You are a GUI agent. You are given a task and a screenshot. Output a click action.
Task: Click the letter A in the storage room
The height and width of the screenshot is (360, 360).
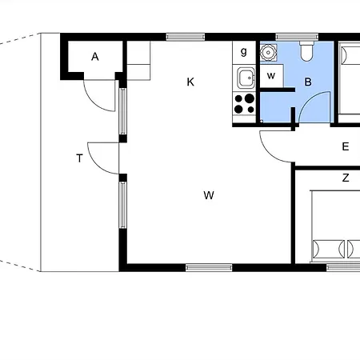[x=95, y=57]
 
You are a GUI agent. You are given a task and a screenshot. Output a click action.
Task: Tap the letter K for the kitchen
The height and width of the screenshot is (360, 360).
[x=190, y=82]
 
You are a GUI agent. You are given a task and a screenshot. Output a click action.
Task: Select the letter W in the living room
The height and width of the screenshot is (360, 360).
[x=209, y=195]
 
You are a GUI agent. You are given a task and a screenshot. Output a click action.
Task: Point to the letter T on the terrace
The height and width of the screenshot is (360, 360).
[x=79, y=158]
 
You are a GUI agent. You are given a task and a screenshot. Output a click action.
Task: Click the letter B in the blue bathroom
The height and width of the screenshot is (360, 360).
[x=308, y=82]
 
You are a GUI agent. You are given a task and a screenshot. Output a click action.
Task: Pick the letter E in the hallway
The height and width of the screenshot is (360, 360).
[x=346, y=146]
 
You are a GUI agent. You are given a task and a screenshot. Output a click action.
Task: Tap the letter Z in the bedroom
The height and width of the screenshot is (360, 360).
[x=346, y=178]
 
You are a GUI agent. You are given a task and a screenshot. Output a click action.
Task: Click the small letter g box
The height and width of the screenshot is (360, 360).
[x=244, y=53]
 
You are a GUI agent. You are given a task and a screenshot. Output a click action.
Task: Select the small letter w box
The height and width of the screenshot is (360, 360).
[x=271, y=76]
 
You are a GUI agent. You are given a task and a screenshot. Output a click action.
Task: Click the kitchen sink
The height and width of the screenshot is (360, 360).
[x=246, y=78]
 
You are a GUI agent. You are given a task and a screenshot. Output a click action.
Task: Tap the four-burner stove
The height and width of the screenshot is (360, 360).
[x=244, y=104]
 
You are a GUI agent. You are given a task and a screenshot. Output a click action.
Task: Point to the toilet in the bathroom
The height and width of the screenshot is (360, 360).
[x=306, y=51]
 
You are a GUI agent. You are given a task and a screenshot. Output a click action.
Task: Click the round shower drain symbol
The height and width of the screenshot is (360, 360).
[x=268, y=52]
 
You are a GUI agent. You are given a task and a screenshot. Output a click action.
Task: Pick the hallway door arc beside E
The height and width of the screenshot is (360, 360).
[x=268, y=154]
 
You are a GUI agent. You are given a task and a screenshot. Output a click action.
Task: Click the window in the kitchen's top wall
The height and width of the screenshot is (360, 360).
[x=186, y=37]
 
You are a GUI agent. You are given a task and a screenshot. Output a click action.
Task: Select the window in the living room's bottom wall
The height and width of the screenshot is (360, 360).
[x=209, y=268]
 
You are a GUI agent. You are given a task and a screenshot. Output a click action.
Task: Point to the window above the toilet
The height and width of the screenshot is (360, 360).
[x=297, y=37]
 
